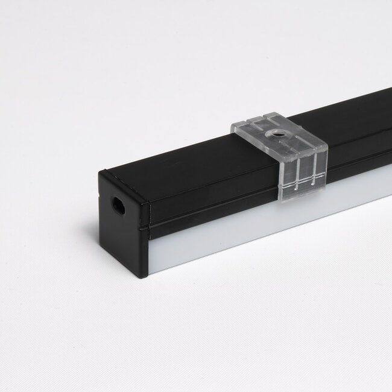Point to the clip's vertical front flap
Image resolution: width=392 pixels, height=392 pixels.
301,172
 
